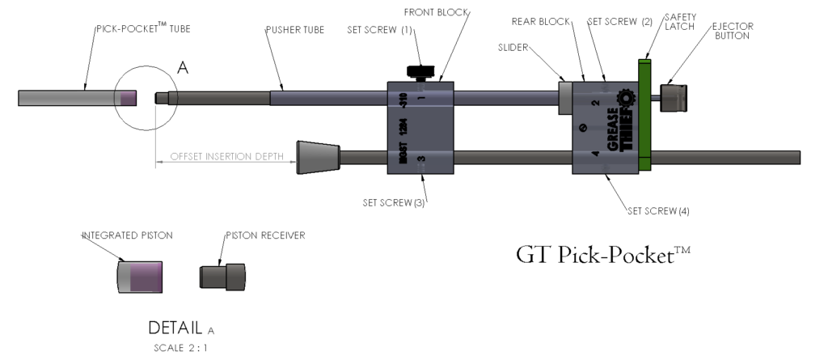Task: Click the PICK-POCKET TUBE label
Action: click(x=143, y=29)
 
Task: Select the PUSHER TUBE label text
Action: click(x=295, y=29)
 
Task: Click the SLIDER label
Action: click(x=513, y=48)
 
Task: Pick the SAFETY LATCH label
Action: click(x=677, y=21)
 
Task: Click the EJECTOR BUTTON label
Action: click(x=732, y=31)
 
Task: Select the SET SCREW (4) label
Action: click(x=658, y=211)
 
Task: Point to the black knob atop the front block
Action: click(x=420, y=72)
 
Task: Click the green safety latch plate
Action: click(x=644, y=113)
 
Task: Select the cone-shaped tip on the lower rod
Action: click(x=319, y=156)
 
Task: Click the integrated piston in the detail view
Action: click(x=140, y=276)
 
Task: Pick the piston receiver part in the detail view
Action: click(x=222, y=276)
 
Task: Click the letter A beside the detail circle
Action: click(x=183, y=70)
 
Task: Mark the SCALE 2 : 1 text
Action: click(x=181, y=349)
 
